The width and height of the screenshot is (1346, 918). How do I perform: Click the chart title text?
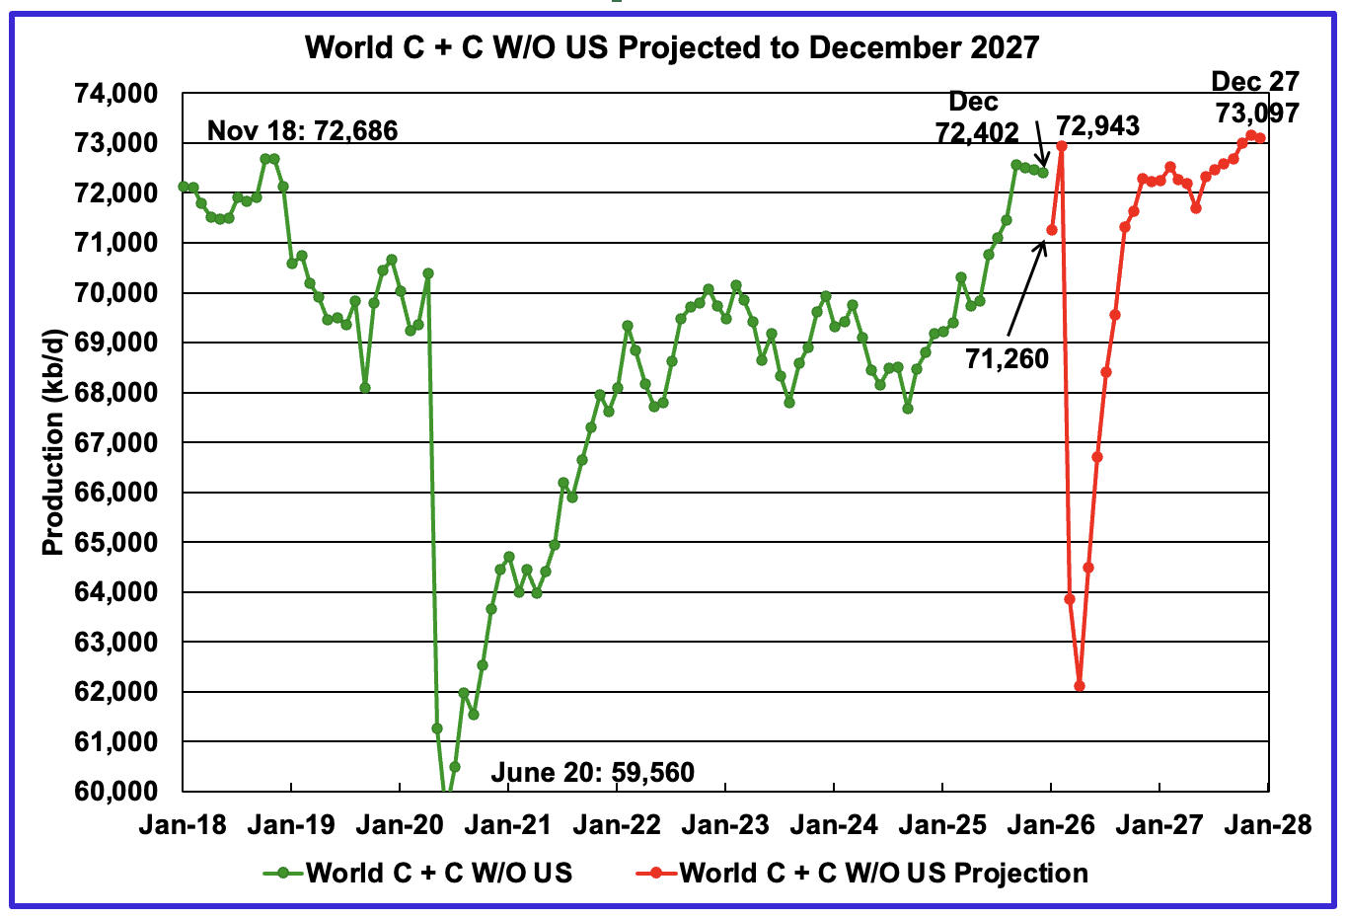[x=672, y=47]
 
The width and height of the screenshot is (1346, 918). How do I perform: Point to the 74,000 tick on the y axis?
[x=115, y=94]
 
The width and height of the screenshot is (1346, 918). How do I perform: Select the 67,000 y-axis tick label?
[x=115, y=442]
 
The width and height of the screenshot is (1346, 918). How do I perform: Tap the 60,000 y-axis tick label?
[x=115, y=791]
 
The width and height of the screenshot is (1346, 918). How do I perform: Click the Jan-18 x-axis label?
[x=183, y=824]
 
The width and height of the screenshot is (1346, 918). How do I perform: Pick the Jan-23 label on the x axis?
[x=725, y=824]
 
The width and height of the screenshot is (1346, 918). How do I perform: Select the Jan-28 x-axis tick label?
[x=1268, y=824]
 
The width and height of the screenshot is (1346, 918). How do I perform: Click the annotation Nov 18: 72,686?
[x=302, y=130]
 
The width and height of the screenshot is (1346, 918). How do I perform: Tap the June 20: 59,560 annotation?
[x=592, y=772]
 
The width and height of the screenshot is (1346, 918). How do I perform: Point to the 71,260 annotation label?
[x=1007, y=358]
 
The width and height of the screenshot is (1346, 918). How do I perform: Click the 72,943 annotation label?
[x=1097, y=125]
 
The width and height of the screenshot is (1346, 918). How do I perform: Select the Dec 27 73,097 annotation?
[x=1255, y=97]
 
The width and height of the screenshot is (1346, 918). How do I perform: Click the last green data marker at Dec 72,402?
[x=1043, y=173]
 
